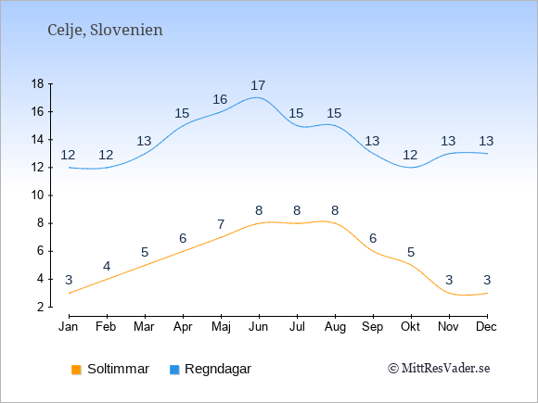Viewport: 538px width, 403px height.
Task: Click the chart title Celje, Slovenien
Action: (x=105, y=31)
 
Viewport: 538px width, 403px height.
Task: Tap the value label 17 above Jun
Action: (x=258, y=85)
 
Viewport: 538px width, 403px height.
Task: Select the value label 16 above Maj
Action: (x=220, y=99)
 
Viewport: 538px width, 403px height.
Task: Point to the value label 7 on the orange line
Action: (x=221, y=224)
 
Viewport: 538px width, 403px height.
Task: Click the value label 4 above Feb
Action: (x=107, y=266)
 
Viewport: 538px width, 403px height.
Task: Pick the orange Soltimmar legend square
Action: (x=76, y=370)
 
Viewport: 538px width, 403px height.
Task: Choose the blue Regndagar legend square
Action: (x=174, y=370)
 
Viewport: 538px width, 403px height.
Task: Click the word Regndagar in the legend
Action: (x=218, y=369)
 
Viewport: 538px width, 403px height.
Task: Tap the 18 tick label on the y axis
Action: (x=38, y=84)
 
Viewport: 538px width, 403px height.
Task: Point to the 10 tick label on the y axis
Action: (x=38, y=195)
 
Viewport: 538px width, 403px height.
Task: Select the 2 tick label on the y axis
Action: (x=41, y=307)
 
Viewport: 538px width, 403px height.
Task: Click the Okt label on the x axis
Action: (x=410, y=327)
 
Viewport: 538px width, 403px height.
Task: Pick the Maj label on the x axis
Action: (x=221, y=327)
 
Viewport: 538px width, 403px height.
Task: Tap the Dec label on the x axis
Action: (x=487, y=327)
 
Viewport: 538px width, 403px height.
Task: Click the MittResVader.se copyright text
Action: (x=439, y=369)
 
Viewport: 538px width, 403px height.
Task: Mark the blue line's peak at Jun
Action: (x=256, y=97)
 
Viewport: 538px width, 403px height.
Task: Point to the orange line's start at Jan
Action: (x=70, y=293)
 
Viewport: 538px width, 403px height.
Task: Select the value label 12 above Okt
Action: (x=410, y=156)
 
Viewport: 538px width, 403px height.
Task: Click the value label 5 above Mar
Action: (x=145, y=253)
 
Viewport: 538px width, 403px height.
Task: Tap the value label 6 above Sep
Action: (x=373, y=238)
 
